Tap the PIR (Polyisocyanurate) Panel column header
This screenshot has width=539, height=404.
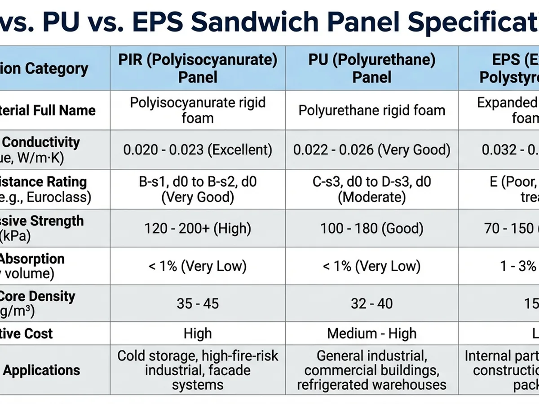198,68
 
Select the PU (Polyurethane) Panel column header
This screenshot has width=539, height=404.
372,68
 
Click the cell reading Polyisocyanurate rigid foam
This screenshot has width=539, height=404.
198,110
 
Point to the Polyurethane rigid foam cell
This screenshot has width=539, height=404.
372,110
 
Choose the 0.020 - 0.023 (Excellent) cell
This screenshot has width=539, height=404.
198,149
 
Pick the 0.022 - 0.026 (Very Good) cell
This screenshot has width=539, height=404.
372,149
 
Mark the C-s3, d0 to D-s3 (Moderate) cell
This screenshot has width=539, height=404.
372,189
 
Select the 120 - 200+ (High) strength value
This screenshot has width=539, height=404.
198,228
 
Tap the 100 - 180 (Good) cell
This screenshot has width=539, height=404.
372,228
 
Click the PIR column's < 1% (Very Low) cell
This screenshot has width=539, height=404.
198,266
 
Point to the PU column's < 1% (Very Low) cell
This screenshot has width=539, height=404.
372,266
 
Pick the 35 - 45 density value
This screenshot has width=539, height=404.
198,303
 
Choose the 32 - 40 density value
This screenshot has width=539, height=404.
372,303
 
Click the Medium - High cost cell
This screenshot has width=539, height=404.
372,334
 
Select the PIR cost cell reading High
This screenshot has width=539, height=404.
198,334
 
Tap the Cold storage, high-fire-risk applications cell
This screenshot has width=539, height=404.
198,370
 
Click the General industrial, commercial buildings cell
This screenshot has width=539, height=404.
372,370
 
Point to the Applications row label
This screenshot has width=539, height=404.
41,370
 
